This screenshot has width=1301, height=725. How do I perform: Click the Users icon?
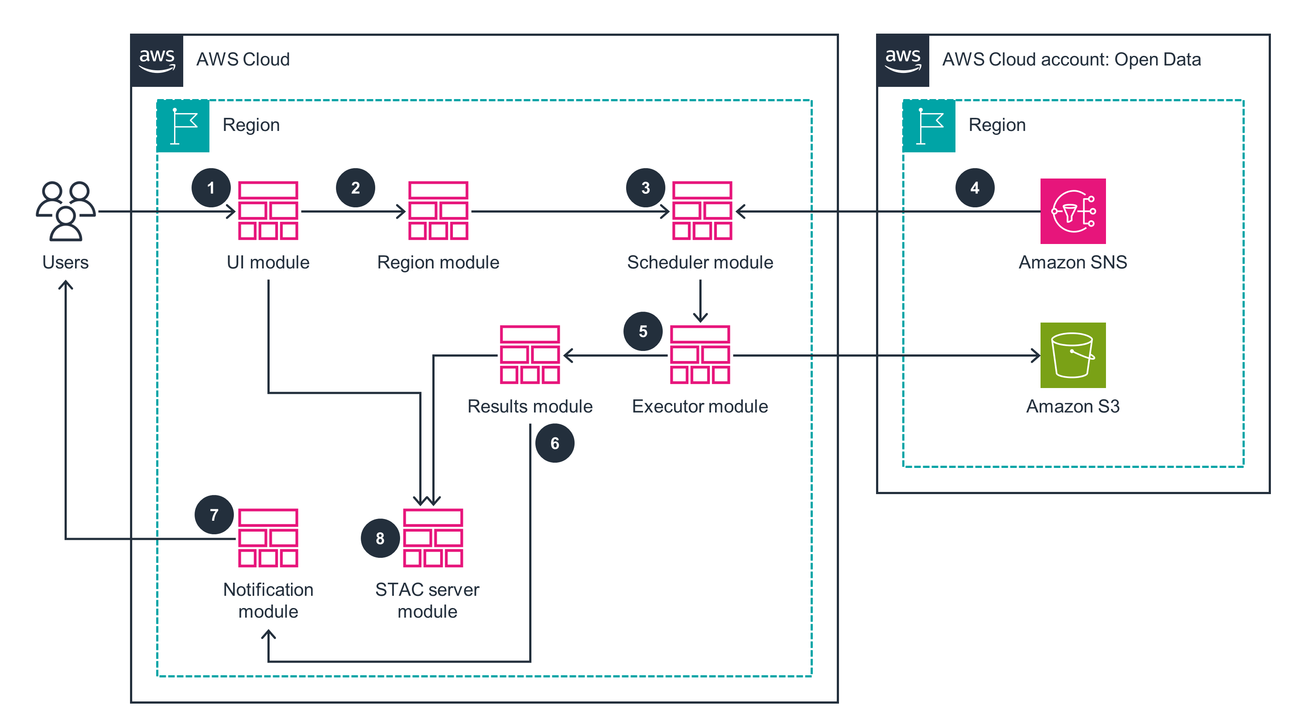click(x=65, y=211)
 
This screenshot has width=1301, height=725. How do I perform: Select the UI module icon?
click(x=268, y=211)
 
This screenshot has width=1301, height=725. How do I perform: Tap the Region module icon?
click(x=438, y=211)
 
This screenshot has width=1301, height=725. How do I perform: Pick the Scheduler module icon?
click(x=702, y=211)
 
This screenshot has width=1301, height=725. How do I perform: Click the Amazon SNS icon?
click(x=1073, y=211)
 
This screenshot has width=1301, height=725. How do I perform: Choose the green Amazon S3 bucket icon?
click(x=1073, y=355)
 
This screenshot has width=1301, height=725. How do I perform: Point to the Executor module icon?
click(x=700, y=355)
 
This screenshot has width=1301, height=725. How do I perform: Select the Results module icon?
click(x=530, y=355)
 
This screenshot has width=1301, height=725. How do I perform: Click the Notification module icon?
click(x=268, y=538)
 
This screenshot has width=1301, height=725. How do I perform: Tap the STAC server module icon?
click(x=433, y=538)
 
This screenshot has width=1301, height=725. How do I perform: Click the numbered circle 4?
click(x=975, y=188)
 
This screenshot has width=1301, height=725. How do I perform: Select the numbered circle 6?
click(x=555, y=443)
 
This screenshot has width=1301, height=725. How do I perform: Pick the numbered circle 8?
click(x=380, y=538)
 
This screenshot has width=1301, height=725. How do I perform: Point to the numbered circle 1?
click(x=211, y=188)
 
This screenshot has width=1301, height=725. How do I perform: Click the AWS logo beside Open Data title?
click(x=903, y=60)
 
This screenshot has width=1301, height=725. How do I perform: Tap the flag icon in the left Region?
click(x=183, y=126)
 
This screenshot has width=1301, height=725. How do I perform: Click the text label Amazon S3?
click(x=1073, y=406)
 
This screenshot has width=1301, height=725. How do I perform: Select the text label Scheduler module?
click(x=700, y=262)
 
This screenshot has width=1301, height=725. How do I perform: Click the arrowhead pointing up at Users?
click(x=65, y=285)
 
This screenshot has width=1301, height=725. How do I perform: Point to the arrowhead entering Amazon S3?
click(x=1035, y=355)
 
